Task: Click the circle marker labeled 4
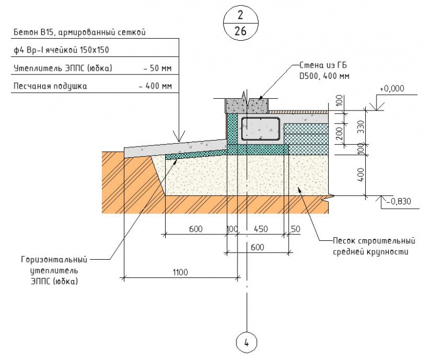point(247,342)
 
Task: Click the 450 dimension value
point(260,229)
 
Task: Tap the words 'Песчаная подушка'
point(50,86)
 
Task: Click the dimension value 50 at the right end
point(295,229)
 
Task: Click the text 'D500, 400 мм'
point(324,76)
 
